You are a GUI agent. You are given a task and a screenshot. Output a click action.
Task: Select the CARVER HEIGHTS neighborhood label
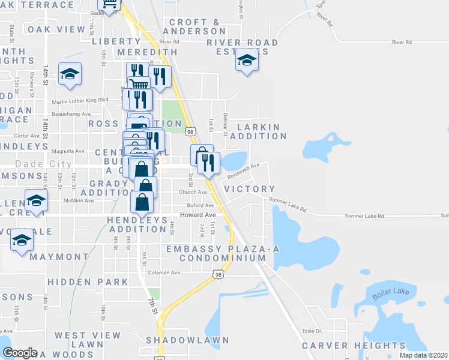click(x=342, y=346)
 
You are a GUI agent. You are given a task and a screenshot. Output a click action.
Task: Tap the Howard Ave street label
click(x=197, y=215)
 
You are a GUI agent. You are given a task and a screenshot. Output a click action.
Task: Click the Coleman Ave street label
click(x=164, y=272)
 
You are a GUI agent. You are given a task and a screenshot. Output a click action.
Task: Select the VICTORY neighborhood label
click(x=249, y=189)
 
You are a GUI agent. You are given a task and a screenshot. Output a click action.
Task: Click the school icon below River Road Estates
click(x=246, y=60)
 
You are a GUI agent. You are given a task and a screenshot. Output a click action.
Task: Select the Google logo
click(x=20, y=352)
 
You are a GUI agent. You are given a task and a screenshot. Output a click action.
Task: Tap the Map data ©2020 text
click(x=423, y=355)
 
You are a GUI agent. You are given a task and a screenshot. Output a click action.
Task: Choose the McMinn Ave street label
click(x=80, y=201)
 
